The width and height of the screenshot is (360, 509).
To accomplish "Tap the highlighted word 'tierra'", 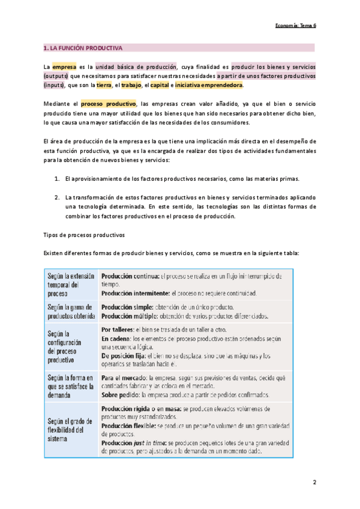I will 108,85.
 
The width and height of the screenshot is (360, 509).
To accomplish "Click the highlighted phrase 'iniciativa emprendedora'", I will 209,85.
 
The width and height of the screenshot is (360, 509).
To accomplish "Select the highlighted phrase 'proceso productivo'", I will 109,104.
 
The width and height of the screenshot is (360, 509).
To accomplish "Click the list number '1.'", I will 56,179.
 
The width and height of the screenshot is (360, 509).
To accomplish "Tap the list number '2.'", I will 56,197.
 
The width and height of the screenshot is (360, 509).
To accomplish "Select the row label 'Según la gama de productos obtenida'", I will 71,310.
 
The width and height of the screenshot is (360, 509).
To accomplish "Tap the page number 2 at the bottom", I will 314,483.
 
